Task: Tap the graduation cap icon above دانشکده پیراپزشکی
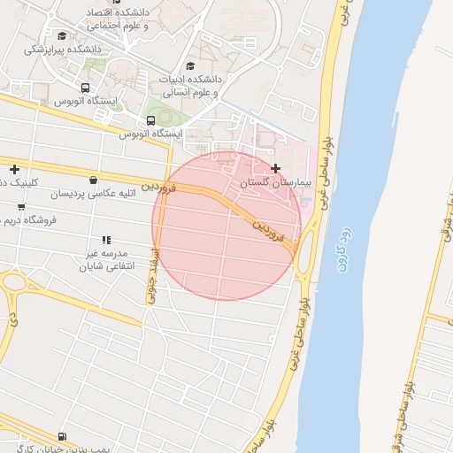tap(61, 35)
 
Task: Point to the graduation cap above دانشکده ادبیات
tap(190, 65)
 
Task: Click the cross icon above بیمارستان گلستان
tap(276, 168)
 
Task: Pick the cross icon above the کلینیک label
tap(14, 169)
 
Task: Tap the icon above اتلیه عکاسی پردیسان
tap(93, 180)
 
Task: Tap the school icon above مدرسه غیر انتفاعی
tap(107, 240)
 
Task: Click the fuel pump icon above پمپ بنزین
tap(61, 436)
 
